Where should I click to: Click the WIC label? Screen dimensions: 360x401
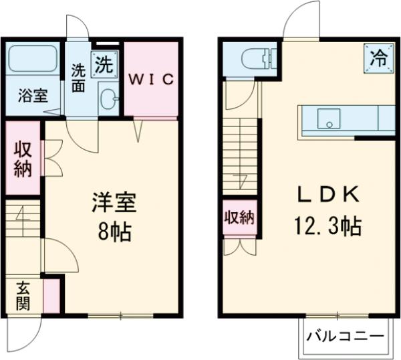[151, 80]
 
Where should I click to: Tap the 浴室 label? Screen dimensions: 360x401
[32, 95]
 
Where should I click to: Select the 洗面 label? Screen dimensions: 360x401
[79, 78]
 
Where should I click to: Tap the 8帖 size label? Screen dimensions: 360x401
[113, 232]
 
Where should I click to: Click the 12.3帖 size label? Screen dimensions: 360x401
[325, 226]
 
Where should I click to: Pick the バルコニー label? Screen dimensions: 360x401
[344, 336]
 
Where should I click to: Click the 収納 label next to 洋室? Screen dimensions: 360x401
[23, 159]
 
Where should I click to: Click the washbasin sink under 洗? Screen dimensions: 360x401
[108, 98]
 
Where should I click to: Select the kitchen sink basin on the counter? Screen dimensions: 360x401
[327, 119]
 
